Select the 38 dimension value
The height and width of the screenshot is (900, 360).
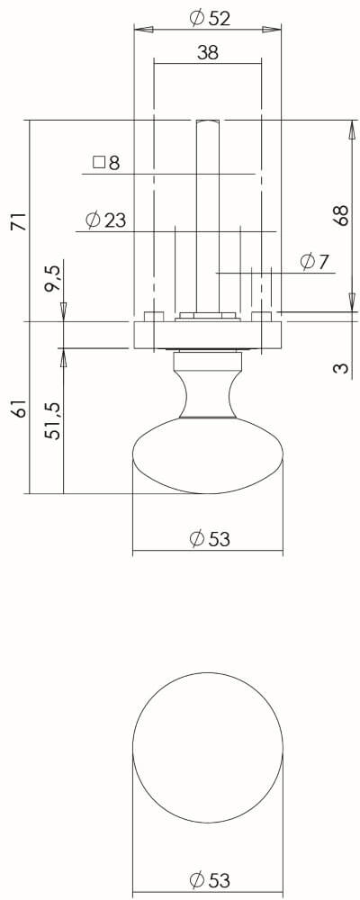[207, 53]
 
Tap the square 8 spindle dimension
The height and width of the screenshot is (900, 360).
[105, 163]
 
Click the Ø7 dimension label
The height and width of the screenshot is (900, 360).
[314, 262]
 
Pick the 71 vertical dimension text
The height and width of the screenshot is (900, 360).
[17, 221]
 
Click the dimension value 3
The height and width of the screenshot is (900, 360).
[340, 368]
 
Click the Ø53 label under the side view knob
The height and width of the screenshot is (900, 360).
[209, 539]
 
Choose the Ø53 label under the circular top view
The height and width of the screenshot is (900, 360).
[209, 879]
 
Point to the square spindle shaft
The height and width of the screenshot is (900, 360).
[207, 216]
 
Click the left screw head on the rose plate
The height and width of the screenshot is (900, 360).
[153, 317]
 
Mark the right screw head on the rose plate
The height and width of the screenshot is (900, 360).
[263, 317]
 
